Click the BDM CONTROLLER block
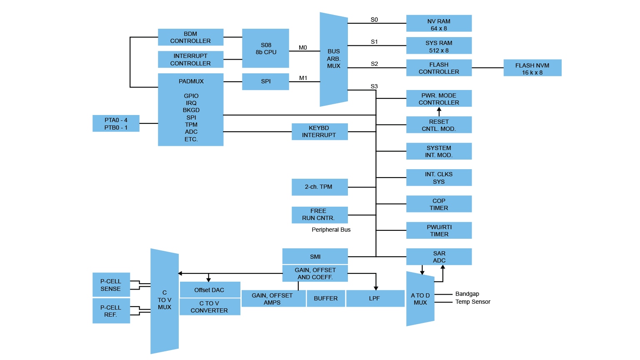(190, 37)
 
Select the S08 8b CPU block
(265, 48)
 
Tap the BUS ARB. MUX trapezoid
(333, 59)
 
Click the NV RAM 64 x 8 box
(439, 23)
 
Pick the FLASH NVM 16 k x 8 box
(532, 68)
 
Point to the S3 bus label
(374, 86)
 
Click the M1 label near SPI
(303, 78)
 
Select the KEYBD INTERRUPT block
(319, 132)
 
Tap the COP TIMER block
(439, 204)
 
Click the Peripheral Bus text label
(331, 230)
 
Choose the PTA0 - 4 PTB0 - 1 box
(116, 124)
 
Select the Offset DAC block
(210, 290)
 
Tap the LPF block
(375, 298)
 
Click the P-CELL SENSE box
(111, 285)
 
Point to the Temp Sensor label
(472, 302)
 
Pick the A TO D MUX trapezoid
(420, 299)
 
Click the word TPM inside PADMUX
(191, 125)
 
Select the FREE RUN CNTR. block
(319, 215)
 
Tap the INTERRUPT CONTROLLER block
(190, 60)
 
